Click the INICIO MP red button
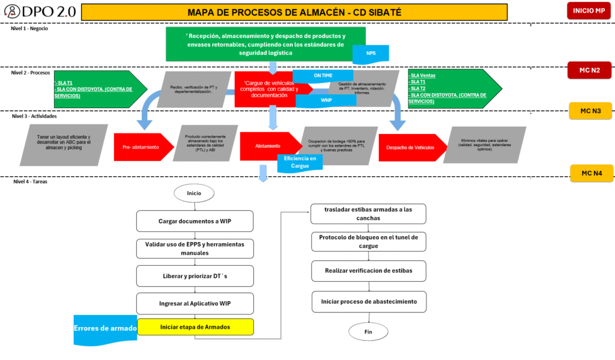click(588, 11)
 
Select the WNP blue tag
click(326, 100)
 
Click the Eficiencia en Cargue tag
click(295, 162)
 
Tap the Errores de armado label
click(105, 328)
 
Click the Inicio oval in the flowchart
click(194, 194)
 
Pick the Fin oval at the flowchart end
click(368, 331)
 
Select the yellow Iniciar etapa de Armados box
click(195, 327)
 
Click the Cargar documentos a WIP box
click(195, 221)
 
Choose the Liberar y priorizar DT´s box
click(195, 275)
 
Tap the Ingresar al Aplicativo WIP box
click(195, 303)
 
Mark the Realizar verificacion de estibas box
click(368, 270)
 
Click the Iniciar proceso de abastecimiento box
click(368, 301)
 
